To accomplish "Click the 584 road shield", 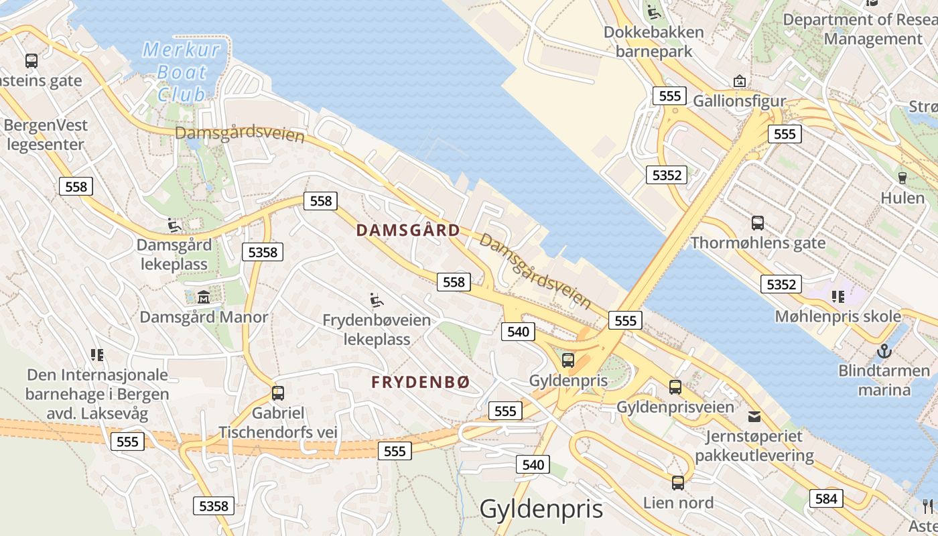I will click(826, 498).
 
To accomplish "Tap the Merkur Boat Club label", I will click(182, 72).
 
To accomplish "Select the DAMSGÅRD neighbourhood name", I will click(408, 230).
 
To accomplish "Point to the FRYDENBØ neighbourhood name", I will click(421, 382).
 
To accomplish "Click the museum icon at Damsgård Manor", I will click(204, 296).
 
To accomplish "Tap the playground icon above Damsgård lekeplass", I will click(174, 225).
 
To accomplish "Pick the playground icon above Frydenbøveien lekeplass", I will click(377, 299).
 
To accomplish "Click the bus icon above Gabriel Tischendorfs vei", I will click(278, 393).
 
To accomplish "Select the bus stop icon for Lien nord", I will click(678, 483).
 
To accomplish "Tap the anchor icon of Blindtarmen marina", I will click(884, 350).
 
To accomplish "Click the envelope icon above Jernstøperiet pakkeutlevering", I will click(754, 416).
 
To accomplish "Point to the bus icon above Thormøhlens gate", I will click(758, 223).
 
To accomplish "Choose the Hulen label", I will click(902, 198).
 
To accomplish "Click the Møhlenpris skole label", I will click(837, 316).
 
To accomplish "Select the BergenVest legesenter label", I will click(46, 135).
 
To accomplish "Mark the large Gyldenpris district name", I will click(541, 509).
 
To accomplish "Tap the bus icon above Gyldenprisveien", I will click(675, 387).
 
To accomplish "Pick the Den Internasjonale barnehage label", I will click(97, 394).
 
